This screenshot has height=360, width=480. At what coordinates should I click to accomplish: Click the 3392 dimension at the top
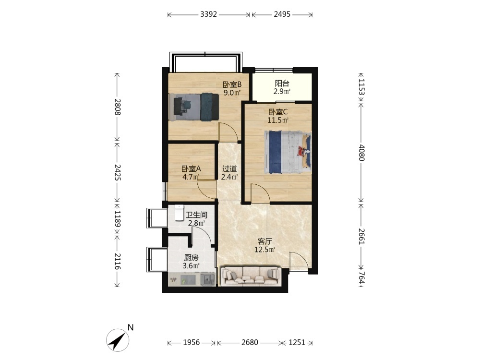(208, 14)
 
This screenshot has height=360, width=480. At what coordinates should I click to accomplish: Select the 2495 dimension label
(282, 14)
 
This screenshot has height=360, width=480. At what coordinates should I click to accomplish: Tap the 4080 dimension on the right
(361, 153)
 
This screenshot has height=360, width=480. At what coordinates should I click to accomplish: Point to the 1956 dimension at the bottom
(192, 342)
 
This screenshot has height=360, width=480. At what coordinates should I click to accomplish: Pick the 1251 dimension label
(297, 342)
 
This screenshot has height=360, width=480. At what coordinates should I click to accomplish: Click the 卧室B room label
(232, 84)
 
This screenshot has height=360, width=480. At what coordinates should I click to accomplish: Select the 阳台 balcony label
(282, 83)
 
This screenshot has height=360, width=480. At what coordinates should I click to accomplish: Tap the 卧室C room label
(278, 112)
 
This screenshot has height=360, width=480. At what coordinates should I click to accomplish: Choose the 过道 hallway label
(229, 168)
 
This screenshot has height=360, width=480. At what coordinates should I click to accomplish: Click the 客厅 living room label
(264, 241)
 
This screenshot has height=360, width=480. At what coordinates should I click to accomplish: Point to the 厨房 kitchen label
(191, 258)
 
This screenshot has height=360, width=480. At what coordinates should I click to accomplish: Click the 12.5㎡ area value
(264, 250)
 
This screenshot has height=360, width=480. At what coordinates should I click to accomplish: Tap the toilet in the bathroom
(179, 213)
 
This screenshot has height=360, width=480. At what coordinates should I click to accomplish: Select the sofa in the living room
(251, 276)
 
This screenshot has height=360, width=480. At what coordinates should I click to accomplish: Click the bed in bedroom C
(288, 152)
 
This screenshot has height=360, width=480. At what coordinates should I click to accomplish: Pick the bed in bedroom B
(193, 107)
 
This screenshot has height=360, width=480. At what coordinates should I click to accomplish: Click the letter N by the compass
(131, 327)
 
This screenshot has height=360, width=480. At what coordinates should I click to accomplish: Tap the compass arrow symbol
(118, 340)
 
